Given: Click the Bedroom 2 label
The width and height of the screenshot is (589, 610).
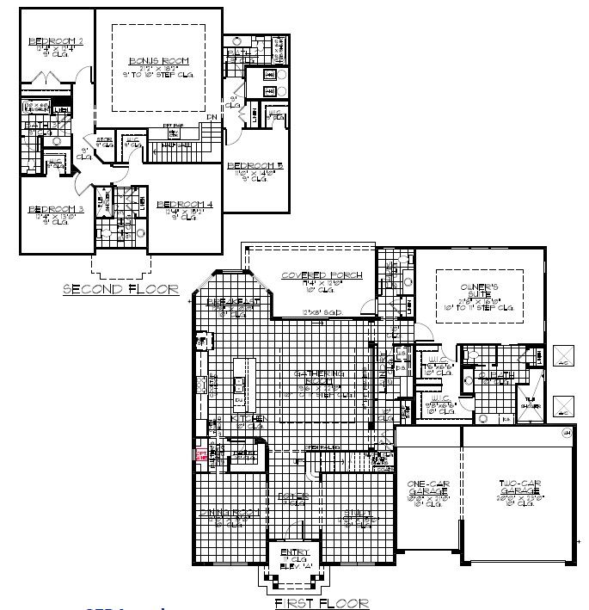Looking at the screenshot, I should point(55,41).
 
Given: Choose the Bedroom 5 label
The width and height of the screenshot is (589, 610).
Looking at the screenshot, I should point(255,165).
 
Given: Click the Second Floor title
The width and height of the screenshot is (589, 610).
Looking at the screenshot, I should point(120,290).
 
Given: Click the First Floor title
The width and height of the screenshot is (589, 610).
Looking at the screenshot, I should point(322,603).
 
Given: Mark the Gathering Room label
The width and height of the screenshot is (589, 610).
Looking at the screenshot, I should point(320,375).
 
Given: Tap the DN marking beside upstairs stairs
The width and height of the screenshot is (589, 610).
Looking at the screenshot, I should point(212,118).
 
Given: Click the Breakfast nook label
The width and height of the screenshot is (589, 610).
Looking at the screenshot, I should point(228,302).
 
